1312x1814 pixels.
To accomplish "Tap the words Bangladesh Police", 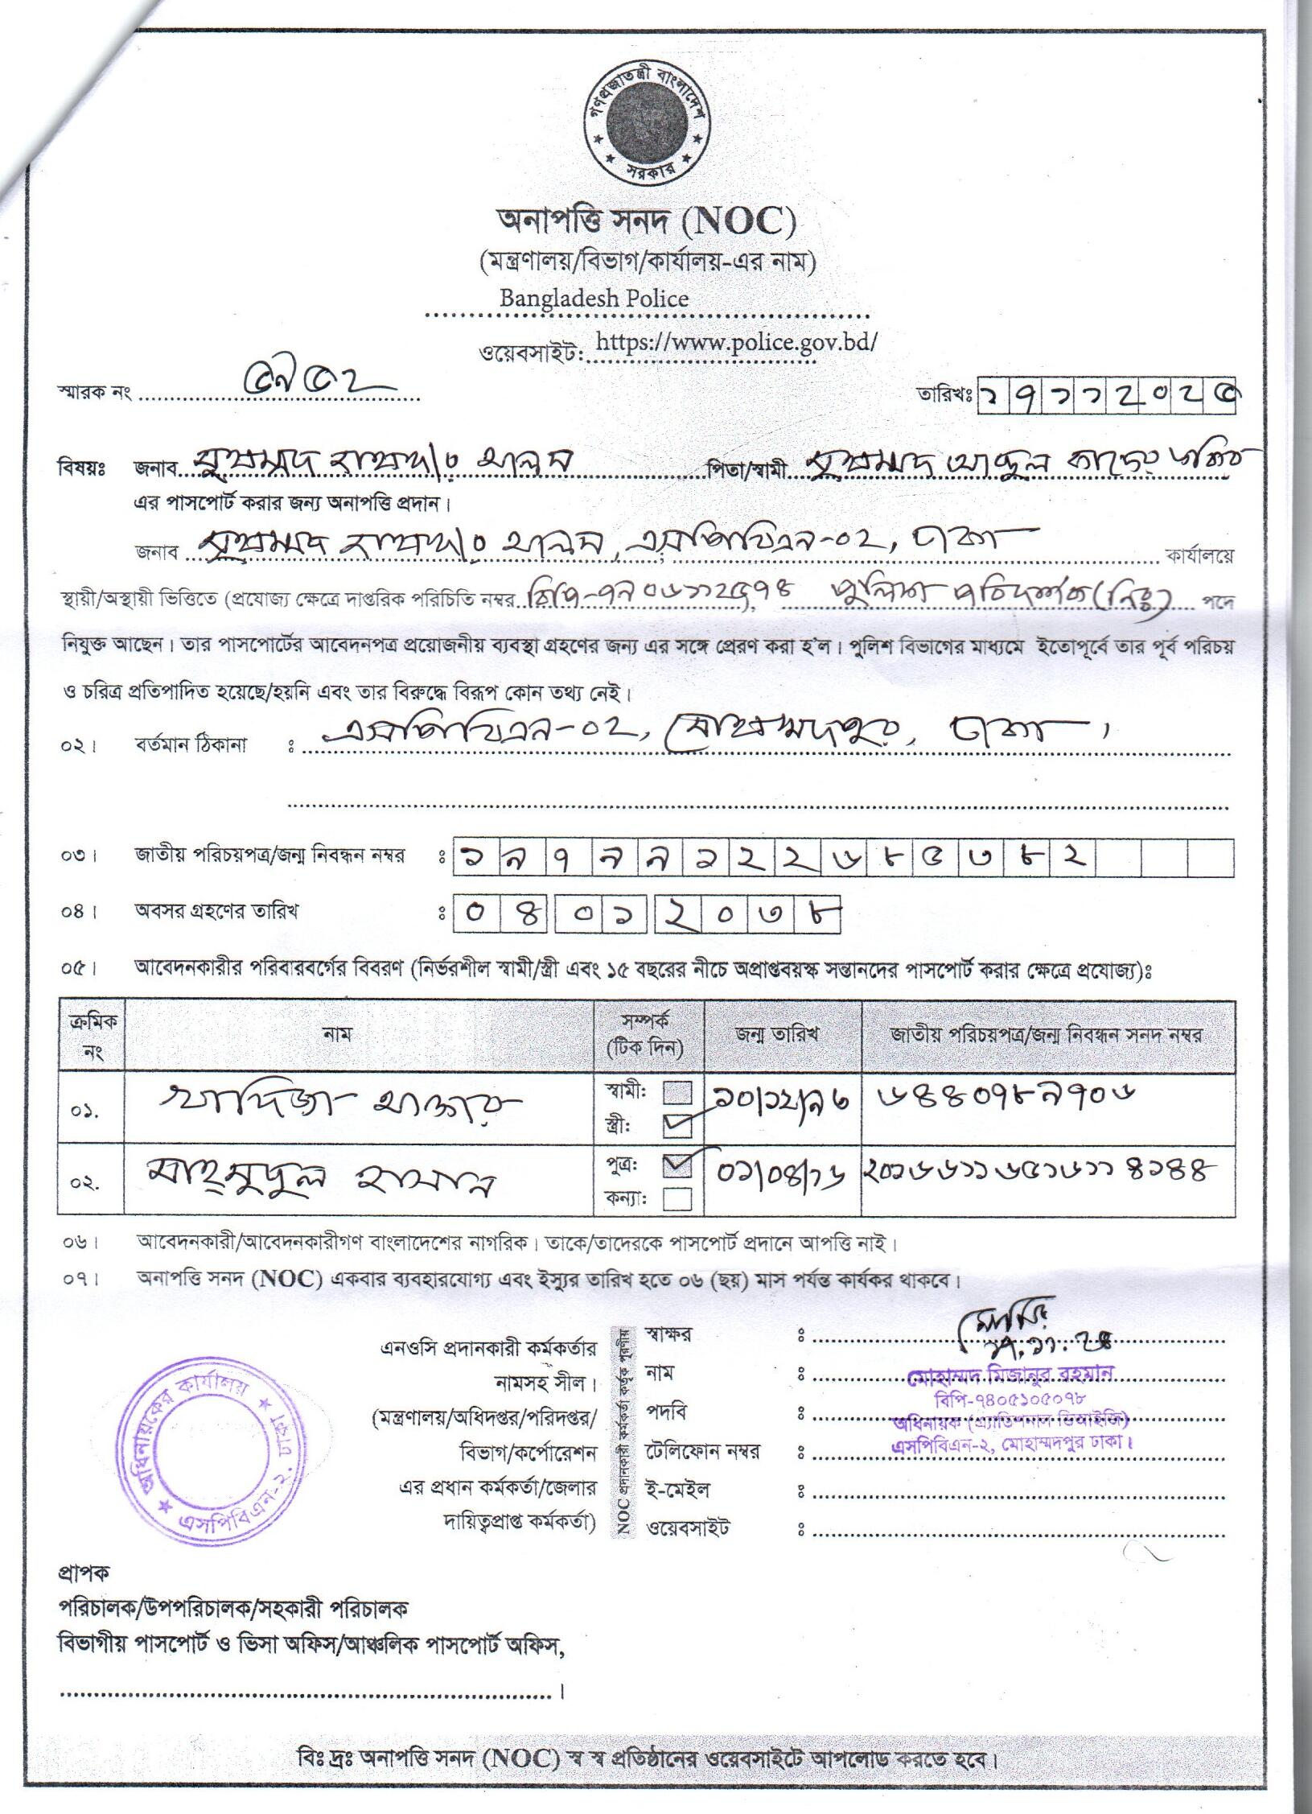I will [594, 299].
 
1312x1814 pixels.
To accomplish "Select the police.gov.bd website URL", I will [736, 341].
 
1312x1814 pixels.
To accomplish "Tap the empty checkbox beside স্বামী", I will [677, 1093].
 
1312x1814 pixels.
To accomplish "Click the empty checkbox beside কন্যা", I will [677, 1199].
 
